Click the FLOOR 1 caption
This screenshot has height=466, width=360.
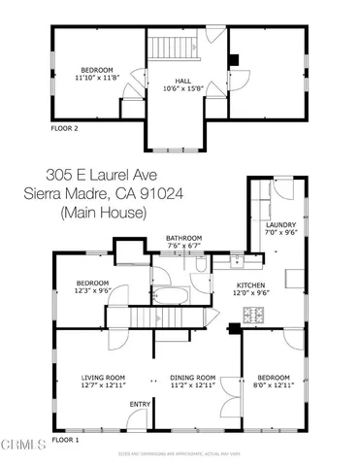64,440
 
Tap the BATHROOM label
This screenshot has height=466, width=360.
183,238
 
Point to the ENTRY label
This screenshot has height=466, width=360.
140,404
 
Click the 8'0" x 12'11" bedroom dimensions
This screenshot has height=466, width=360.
276,385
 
